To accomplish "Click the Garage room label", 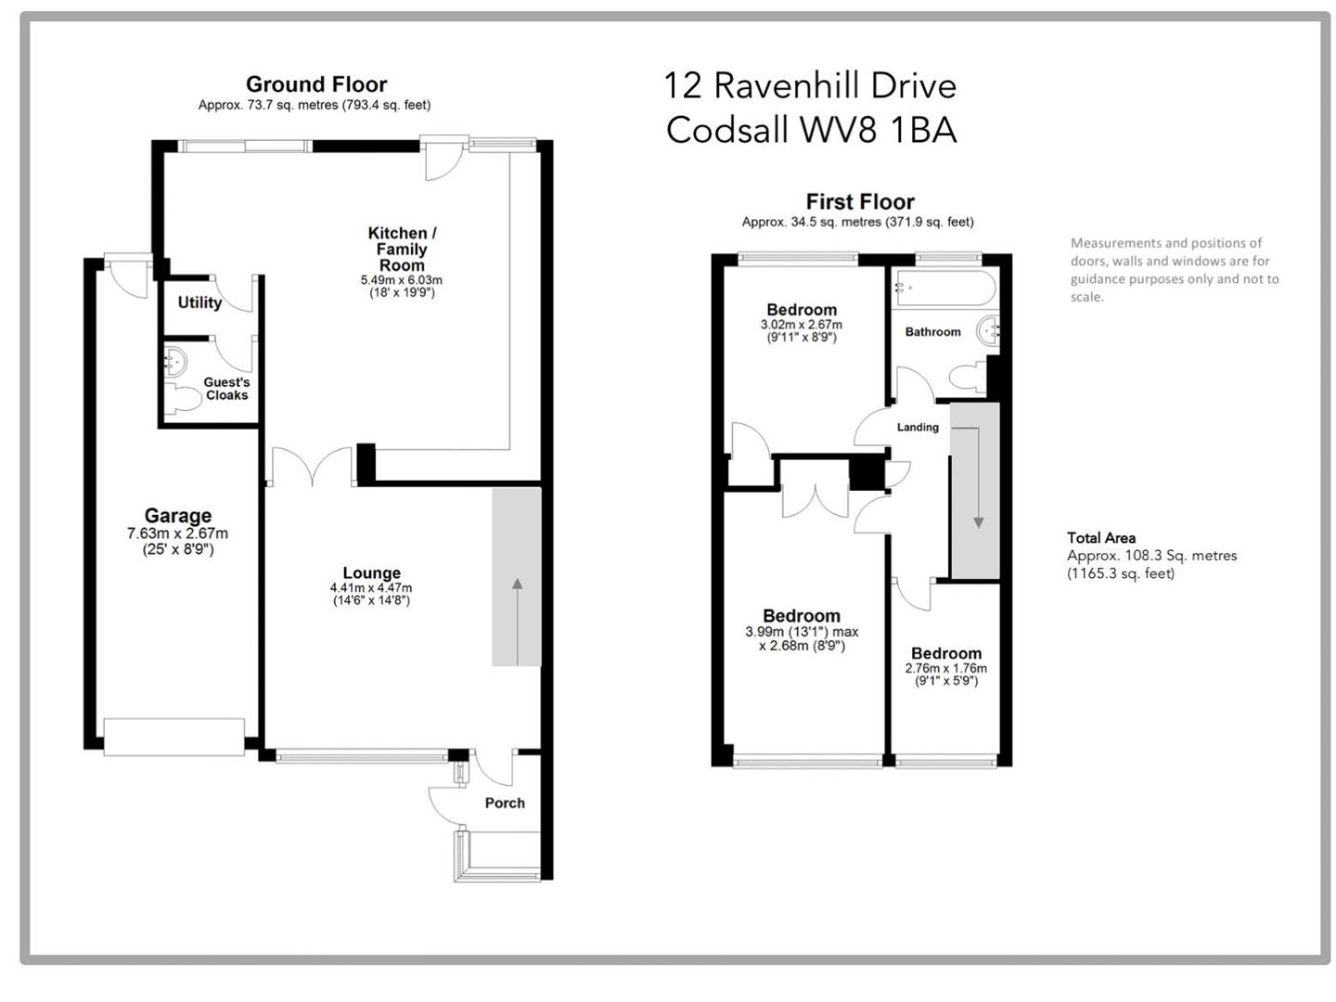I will pyautogui.click(x=177, y=516).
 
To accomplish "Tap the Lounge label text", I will pyautogui.click(x=371, y=573).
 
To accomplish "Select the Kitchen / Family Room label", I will pyautogui.click(x=402, y=249).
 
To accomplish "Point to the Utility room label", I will pyautogui.click(x=199, y=302).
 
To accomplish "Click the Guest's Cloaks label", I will pyautogui.click(x=226, y=389).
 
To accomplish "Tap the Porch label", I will pyautogui.click(x=505, y=803).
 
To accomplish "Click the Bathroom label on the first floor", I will pyautogui.click(x=932, y=332).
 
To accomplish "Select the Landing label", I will pyautogui.click(x=918, y=428).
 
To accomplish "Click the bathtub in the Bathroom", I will pyautogui.click(x=944, y=288).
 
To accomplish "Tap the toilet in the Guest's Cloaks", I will pyautogui.click(x=184, y=399).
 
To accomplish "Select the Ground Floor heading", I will pyautogui.click(x=315, y=84).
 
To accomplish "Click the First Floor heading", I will pyautogui.click(x=859, y=202).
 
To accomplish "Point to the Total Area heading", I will pyautogui.click(x=1100, y=538).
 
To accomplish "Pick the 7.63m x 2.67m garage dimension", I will pyautogui.click(x=177, y=534).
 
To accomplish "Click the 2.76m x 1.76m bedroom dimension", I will pyautogui.click(x=945, y=669).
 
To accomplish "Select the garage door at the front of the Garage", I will pyautogui.click(x=173, y=737).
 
